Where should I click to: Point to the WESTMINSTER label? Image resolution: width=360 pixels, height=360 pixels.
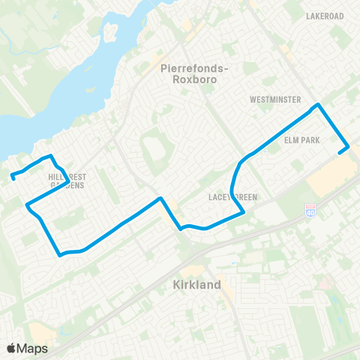(x=276, y=100)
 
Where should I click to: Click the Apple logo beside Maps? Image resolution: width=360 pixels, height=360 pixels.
(x=11, y=348)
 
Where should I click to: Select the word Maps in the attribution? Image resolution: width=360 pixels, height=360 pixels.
(x=33, y=348)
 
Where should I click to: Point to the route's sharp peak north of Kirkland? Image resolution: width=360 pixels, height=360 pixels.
(x=160, y=199)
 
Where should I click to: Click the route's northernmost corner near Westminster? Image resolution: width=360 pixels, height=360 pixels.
(x=319, y=105)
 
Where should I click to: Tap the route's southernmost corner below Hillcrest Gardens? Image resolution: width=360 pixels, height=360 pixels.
(x=60, y=255)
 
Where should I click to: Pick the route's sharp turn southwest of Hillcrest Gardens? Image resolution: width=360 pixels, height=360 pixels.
(x=27, y=205)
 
